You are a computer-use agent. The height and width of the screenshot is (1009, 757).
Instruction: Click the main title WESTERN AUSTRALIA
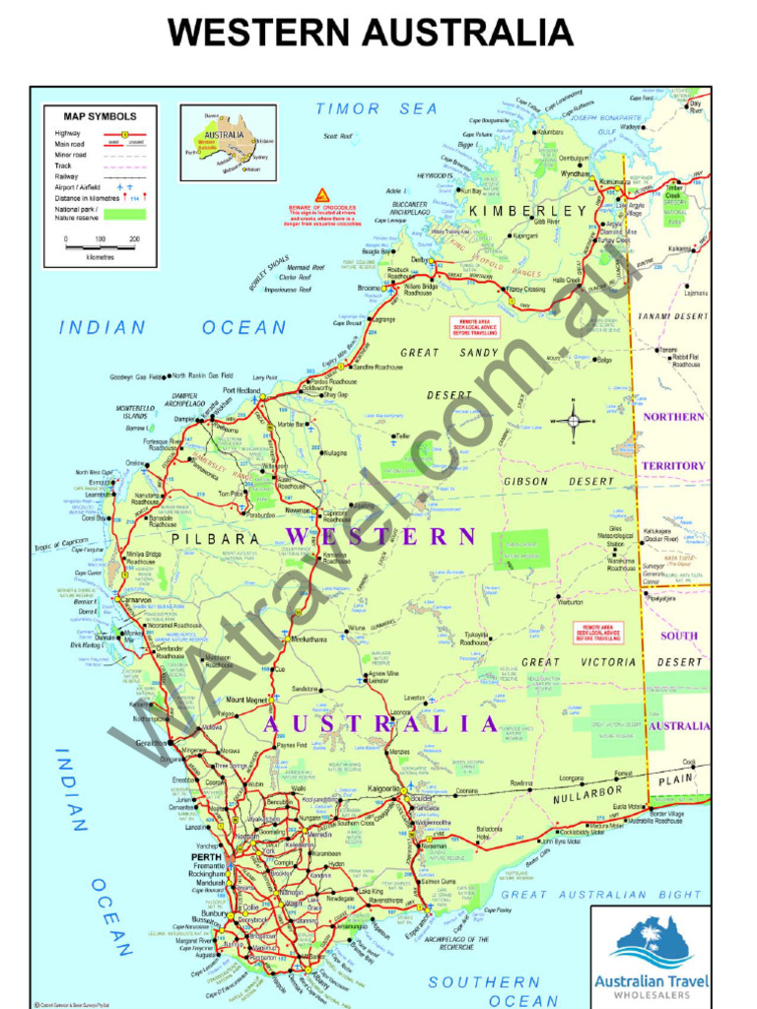[370, 33]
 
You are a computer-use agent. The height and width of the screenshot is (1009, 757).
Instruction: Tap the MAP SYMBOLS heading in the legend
[101, 116]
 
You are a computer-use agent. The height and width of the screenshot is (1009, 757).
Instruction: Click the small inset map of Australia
[228, 143]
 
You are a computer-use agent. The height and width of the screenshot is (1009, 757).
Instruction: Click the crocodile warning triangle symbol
[321, 195]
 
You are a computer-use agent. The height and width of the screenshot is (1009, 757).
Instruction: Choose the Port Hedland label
[241, 391]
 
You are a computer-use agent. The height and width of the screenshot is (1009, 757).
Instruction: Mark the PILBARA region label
[215, 540]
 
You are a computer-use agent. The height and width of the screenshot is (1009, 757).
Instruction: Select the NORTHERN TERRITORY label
[674, 440]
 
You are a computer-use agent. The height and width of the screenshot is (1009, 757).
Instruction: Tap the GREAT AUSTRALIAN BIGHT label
[602, 895]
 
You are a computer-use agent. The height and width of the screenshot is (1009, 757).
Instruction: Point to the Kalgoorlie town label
[384, 789]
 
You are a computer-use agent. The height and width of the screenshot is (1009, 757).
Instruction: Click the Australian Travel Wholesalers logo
[651, 955]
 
